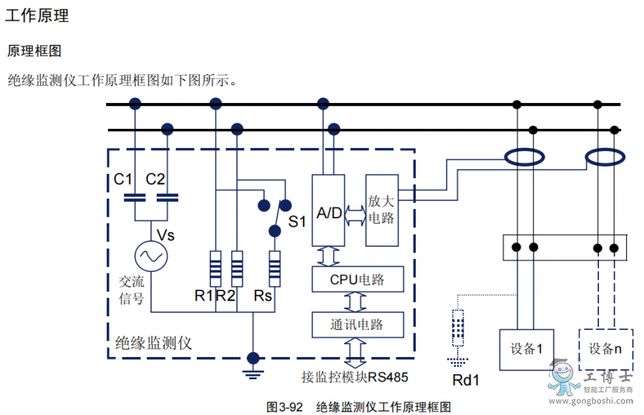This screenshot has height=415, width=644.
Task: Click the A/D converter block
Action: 328,211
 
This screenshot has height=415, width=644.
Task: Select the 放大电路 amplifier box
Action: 381,210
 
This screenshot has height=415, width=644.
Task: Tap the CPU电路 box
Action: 357,278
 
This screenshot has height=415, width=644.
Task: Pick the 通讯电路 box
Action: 357,324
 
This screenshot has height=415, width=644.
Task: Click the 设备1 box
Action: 526,349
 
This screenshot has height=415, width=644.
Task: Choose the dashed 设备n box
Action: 605,349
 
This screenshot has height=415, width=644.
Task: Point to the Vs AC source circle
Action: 151,255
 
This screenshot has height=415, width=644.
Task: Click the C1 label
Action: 123,179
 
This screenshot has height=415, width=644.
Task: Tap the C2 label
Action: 155,179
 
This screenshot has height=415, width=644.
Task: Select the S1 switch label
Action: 297,221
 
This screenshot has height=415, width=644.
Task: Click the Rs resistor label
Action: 263,295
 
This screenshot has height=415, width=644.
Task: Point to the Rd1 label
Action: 465,379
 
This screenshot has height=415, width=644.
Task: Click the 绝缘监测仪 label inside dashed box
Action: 154,343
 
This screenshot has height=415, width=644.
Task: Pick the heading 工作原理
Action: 37,16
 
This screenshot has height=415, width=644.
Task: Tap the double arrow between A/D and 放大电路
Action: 356,213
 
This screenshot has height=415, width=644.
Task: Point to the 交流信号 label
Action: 131,289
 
